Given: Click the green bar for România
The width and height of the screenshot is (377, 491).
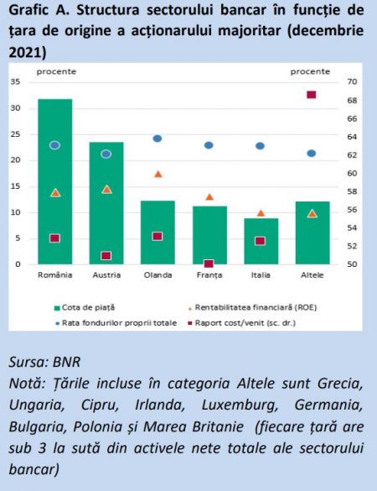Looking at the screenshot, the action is click(55, 181).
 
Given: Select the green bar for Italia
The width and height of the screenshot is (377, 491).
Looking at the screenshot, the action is click(261, 241).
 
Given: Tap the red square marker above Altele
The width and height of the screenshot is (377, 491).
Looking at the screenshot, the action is click(312, 95).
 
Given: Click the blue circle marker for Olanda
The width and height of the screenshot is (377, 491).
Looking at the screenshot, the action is click(158, 138).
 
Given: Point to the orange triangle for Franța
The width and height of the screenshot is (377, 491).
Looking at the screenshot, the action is click(209, 197).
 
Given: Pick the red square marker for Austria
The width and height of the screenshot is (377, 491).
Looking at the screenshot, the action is click(106, 256).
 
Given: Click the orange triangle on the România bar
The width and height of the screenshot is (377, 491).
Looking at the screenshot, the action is click(55, 193).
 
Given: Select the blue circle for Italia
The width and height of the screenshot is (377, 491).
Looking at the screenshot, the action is click(260, 146).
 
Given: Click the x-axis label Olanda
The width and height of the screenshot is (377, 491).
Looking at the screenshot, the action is click(158, 275).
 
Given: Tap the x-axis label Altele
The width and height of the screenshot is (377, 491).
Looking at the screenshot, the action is click(312, 275).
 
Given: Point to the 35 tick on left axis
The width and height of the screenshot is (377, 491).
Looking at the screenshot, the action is click(15, 81).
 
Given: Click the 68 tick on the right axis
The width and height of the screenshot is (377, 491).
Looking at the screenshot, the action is click(352, 101).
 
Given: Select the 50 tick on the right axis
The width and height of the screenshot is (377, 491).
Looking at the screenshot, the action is click(352, 264).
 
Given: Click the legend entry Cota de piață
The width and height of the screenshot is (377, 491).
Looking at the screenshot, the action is click(85, 307).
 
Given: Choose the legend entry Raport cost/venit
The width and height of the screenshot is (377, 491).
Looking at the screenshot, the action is click(241, 323).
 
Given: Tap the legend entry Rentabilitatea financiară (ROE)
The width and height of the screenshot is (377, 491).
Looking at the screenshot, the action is click(252, 307).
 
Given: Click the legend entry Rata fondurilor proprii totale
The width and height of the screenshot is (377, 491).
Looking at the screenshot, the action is click(116, 323).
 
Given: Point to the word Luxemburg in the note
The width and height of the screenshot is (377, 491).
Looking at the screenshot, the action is click(240, 405).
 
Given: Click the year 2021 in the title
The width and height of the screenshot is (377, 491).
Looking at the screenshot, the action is click(25, 53).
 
